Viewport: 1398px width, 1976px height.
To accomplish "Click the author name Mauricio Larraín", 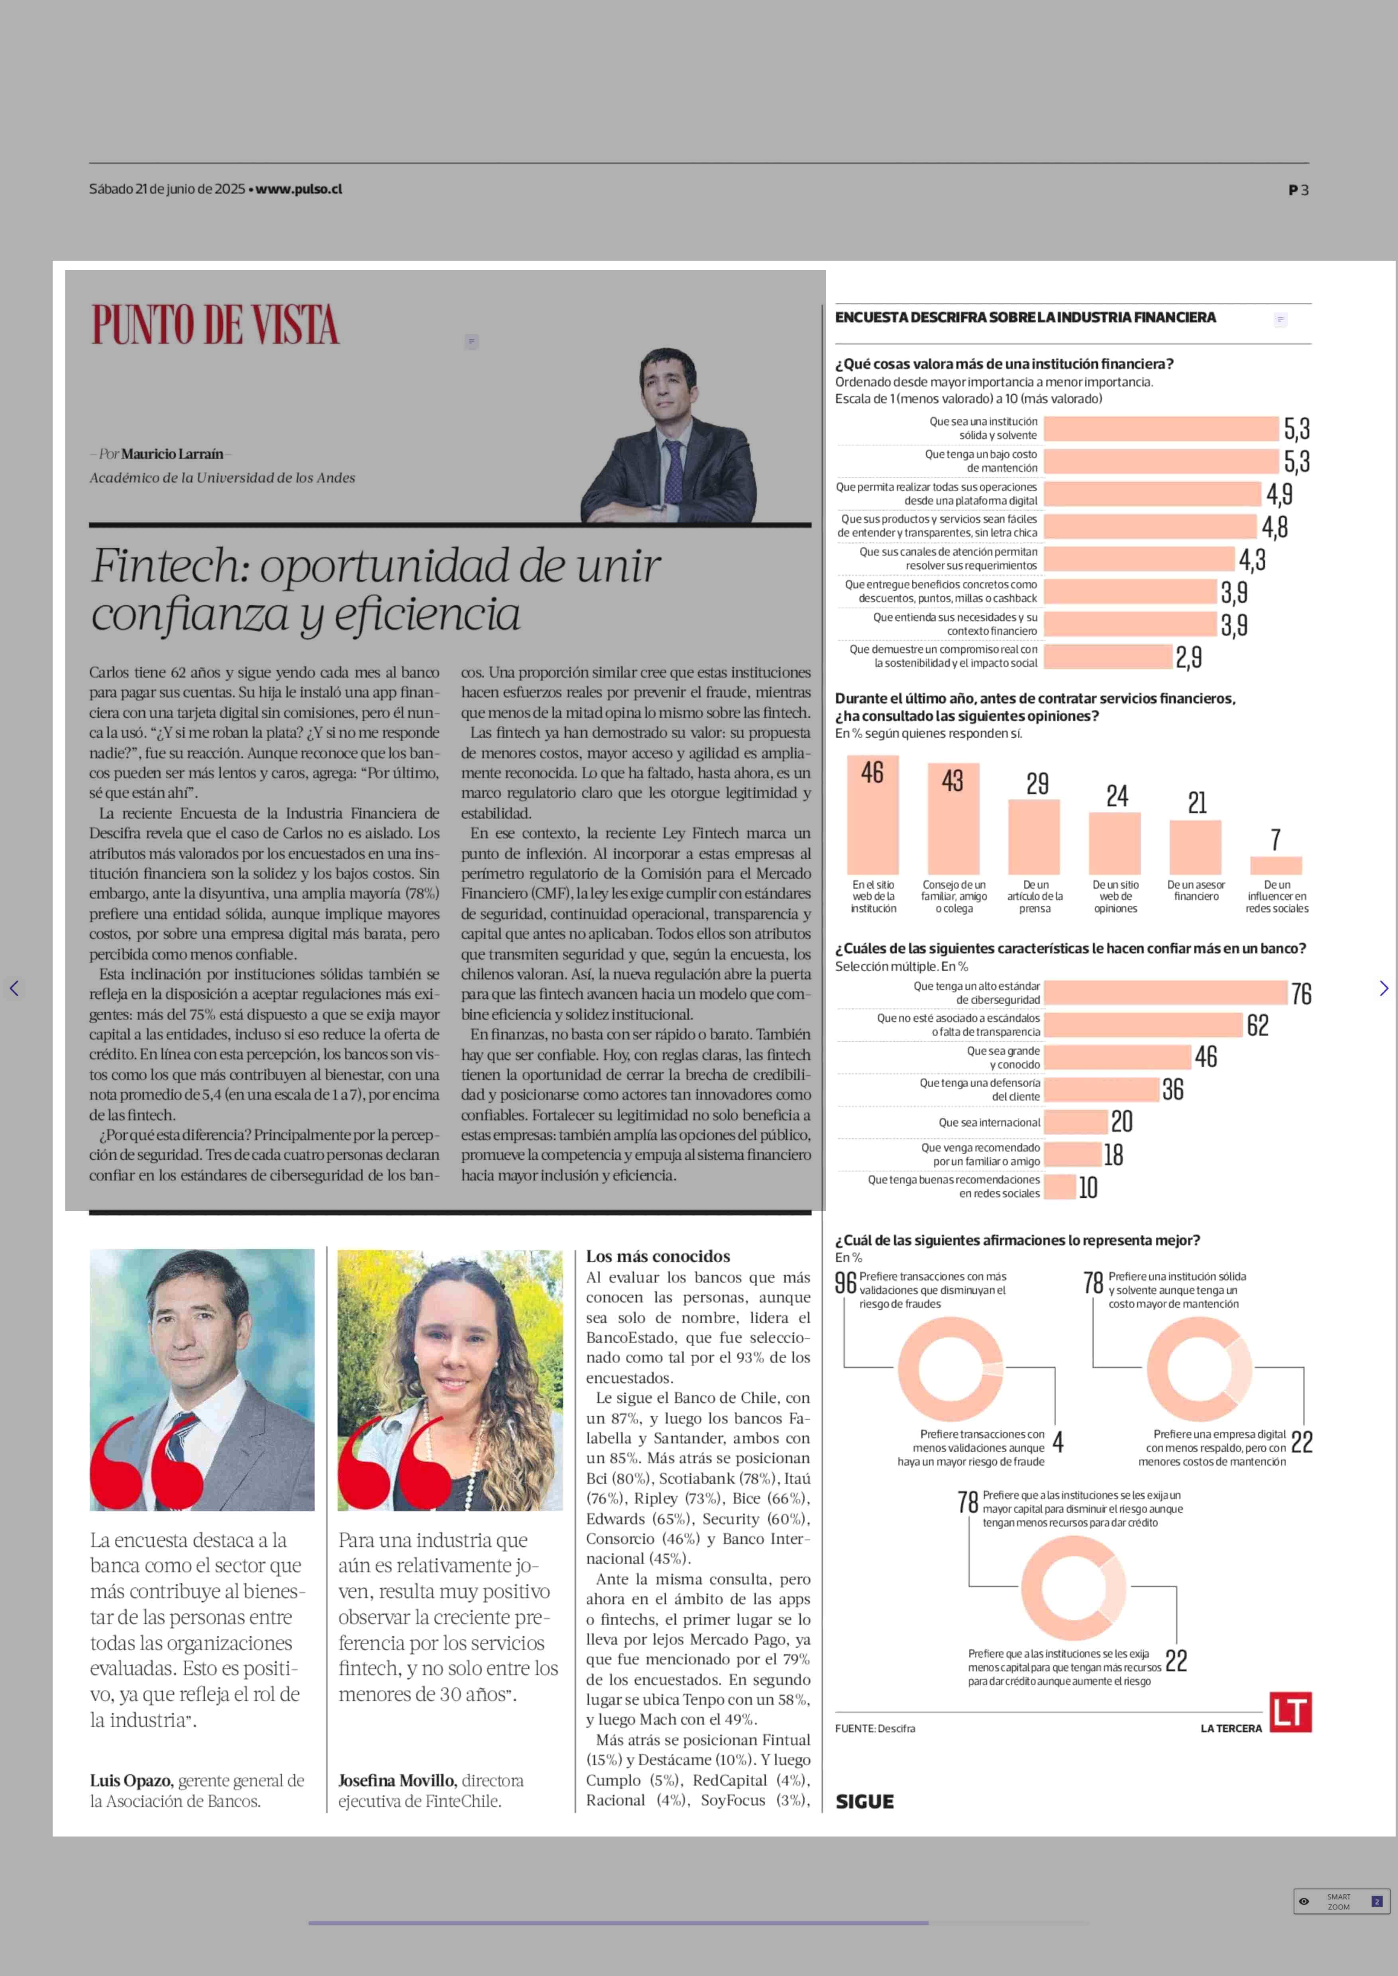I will click(172, 454).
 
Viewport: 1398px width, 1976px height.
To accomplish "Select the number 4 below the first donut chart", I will click(1058, 1442).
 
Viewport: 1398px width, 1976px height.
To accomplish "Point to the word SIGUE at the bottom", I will click(864, 1801).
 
